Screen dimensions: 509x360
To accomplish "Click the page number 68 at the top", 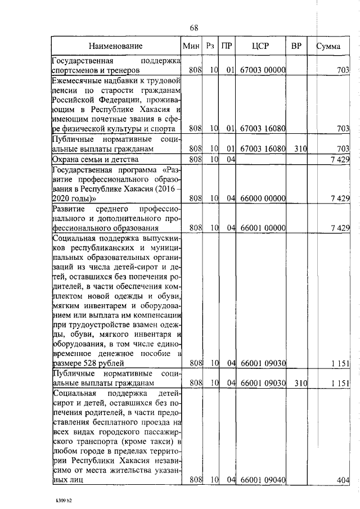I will tap(194, 28).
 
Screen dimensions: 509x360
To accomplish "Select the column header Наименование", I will tap(115, 46).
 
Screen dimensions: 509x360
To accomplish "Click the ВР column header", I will tap(296, 46).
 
